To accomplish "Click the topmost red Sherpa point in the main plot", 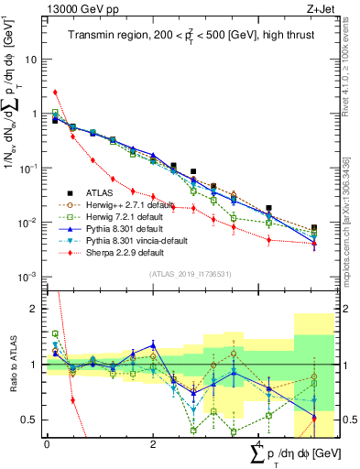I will [x=56, y=92].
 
